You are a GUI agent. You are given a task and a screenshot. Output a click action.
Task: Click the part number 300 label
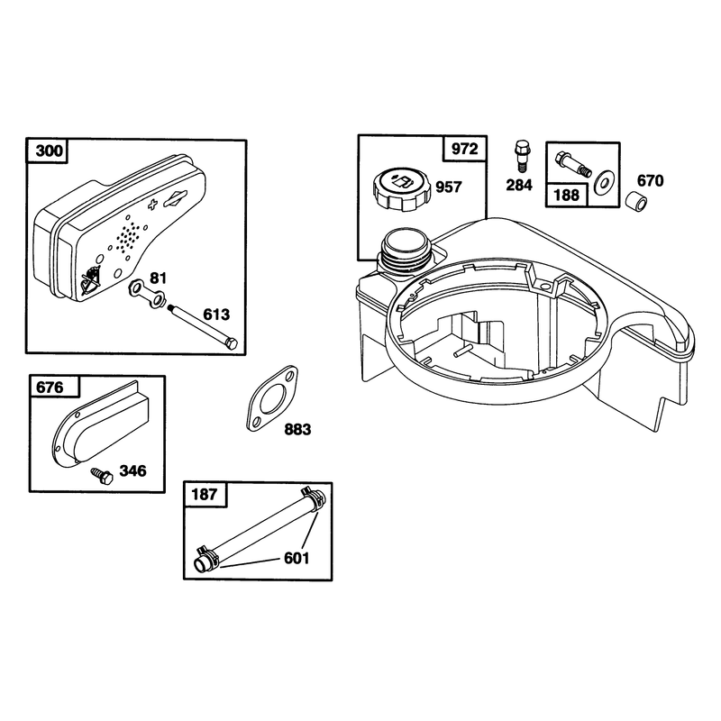tap(50, 151)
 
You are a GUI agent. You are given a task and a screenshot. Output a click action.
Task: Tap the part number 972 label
tap(465, 149)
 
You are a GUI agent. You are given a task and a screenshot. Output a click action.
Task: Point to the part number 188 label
tap(567, 195)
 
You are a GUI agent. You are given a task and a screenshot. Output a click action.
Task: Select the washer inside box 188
tap(603, 182)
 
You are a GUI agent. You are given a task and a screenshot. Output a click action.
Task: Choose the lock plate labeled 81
tap(146, 294)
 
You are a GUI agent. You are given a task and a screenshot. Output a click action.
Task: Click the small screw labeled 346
tap(102, 476)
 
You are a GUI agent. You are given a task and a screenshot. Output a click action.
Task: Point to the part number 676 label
tap(50, 388)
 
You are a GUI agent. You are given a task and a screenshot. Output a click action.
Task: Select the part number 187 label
tap(205, 494)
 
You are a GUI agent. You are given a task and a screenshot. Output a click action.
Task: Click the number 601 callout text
tap(297, 558)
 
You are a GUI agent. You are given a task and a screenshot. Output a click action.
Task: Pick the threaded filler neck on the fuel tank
tap(404, 256)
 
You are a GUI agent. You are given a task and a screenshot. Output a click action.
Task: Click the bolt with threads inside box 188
tap(573, 165)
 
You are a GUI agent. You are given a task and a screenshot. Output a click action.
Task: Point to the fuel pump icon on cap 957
tap(401, 183)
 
